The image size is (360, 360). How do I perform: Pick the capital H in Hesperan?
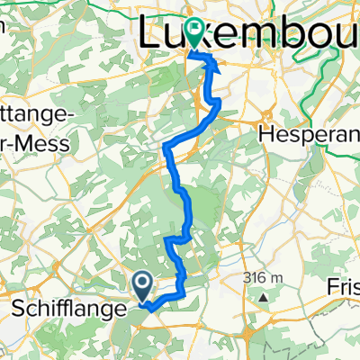(266, 133)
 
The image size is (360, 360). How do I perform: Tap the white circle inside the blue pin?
(143, 283)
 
